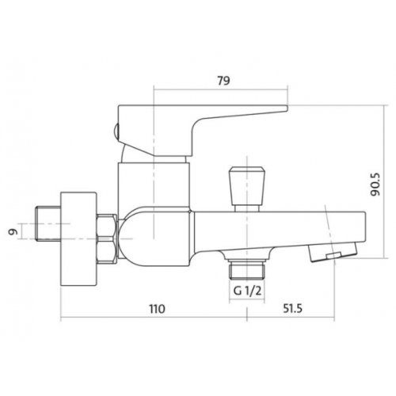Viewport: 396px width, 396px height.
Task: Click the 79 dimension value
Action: (x=223, y=81)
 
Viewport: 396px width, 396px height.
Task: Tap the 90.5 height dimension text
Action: (x=375, y=185)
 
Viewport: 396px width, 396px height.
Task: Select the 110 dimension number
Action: (x=157, y=309)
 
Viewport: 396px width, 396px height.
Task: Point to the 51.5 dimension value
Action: (x=292, y=308)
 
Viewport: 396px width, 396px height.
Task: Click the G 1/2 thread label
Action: (x=247, y=291)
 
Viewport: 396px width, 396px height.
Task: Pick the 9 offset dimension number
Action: (x=13, y=231)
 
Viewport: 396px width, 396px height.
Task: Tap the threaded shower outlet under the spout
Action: (x=246, y=269)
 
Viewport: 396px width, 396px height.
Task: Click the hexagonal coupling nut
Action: (x=107, y=239)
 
